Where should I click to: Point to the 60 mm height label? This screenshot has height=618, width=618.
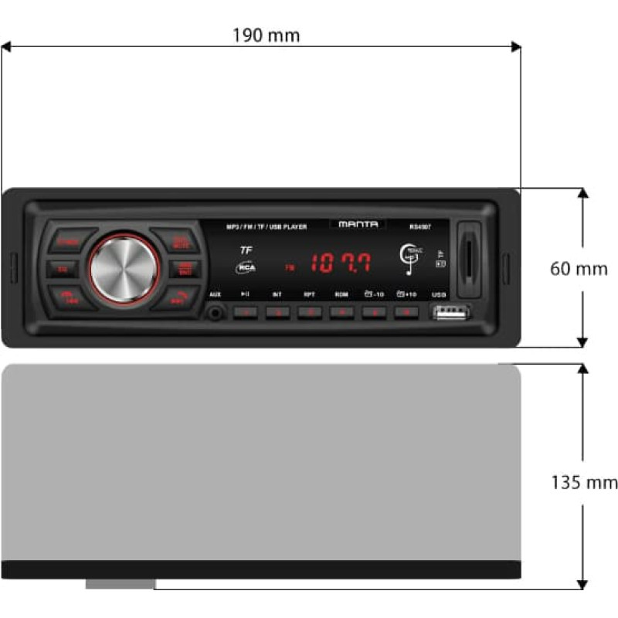click(x=579, y=269)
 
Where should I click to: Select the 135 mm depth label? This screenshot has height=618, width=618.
click(x=584, y=483)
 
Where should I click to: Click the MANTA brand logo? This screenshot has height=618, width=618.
click(x=358, y=224)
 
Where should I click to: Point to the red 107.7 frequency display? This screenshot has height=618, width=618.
click(x=341, y=263)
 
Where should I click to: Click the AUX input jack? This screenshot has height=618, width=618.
click(x=216, y=312)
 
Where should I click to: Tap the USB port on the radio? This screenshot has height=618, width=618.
click(x=450, y=312)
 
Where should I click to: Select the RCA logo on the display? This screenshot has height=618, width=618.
click(x=246, y=267)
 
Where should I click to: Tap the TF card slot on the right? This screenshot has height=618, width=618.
click(x=469, y=258)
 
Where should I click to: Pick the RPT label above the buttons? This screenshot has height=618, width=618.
click(x=309, y=294)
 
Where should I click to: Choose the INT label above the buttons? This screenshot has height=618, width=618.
click(x=277, y=294)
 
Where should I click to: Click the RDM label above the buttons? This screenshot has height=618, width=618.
click(x=341, y=294)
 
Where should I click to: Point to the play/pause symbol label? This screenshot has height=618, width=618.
click(x=245, y=294)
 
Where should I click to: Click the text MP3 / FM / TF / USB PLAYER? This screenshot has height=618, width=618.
click(x=266, y=226)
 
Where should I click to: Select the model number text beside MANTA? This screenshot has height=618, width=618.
click(x=420, y=226)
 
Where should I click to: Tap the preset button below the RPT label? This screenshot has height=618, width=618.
click(x=309, y=312)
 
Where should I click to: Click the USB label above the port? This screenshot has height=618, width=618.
click(x=440, y=294)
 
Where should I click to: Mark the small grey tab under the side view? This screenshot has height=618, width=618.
click(x=120, y=584)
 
